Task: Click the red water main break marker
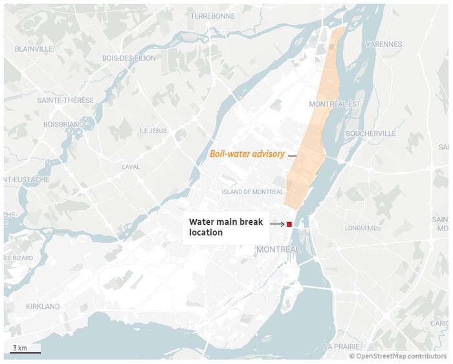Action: tap(289, 224)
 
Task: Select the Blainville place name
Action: tap(33, 49)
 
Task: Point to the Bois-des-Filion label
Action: tap(129, 58)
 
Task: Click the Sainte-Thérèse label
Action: tap(65, 100)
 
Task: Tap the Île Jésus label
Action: tap(153, 131)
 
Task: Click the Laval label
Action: tap(131, 167)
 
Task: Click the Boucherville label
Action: tap(371, 133)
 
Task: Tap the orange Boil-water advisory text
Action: tap(248, 155)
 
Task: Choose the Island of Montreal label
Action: tap(252, 192)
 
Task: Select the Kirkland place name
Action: tap(43, 306)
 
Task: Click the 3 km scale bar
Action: tap(25, 352)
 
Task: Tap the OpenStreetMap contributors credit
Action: tap(397, 356)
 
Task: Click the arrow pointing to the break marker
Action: tap(276, 224)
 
